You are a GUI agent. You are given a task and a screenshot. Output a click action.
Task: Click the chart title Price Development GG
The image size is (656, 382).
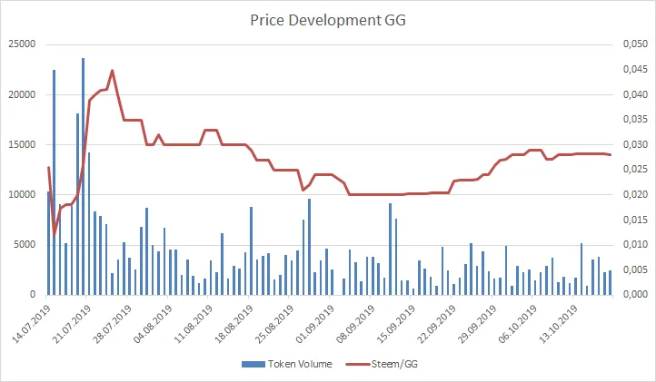click(x=327, y=18)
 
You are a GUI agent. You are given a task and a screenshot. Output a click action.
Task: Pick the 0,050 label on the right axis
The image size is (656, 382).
click(x=633, y=44)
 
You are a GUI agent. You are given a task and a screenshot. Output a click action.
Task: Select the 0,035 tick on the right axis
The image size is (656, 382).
click(x=633, y=119)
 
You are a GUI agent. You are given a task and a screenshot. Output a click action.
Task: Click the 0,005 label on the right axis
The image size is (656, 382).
click(x=633, y=269)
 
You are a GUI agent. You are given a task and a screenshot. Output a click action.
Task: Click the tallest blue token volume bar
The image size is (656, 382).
click(x=83, y=176)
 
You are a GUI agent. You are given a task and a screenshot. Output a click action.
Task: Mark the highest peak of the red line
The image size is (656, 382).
click(x=112, y=70)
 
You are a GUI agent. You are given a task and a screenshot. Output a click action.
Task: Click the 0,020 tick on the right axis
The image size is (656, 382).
click(x=633, y=194)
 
